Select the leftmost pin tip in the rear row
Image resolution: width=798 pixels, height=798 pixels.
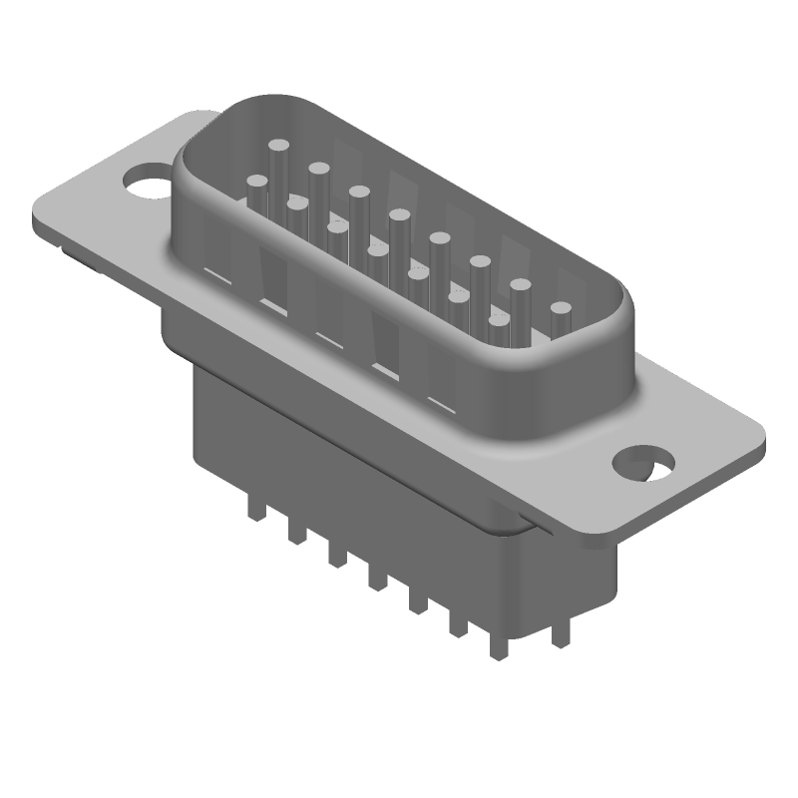coord(279,150)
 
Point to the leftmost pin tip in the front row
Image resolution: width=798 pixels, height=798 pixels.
coord(257,184)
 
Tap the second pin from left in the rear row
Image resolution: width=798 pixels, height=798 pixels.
coord(319,169)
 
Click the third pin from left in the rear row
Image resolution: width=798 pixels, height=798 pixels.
coord(359,191)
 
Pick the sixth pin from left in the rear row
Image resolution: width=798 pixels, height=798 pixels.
coord(480,263)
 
